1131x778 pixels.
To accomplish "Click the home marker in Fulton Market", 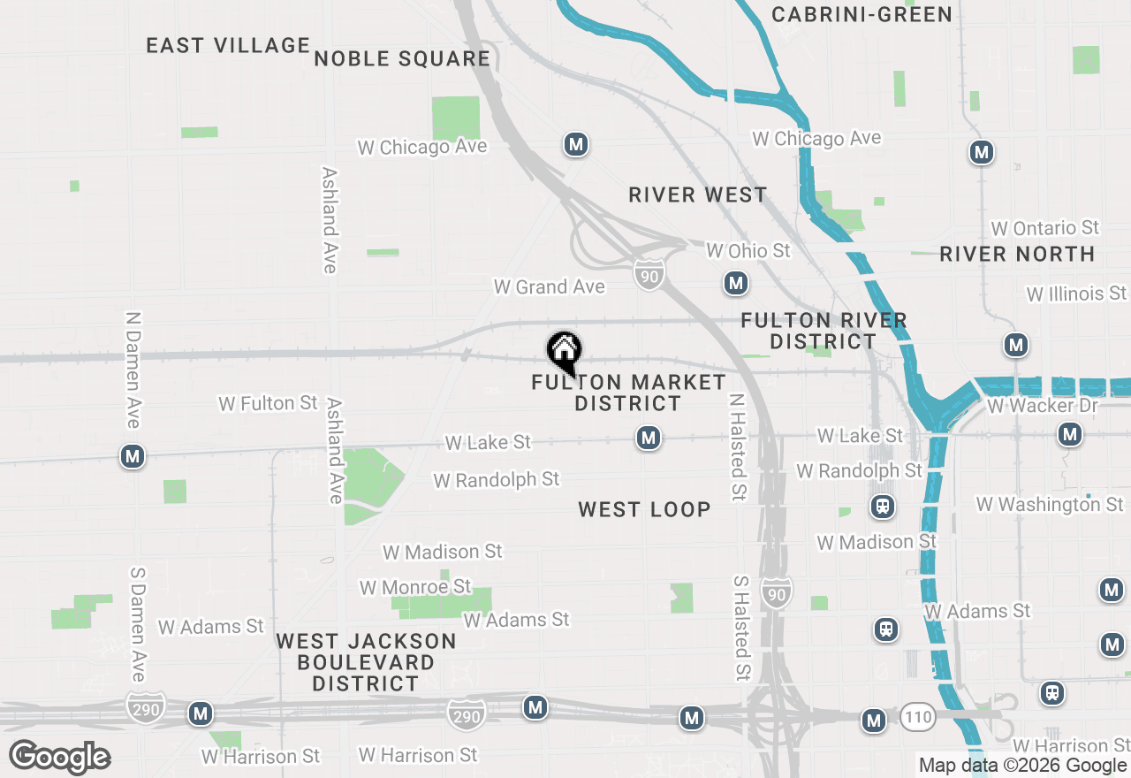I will tap(564, 352).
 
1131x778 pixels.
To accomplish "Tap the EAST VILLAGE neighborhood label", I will tap(228, 45).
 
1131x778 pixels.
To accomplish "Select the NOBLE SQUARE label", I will tap(402, 58).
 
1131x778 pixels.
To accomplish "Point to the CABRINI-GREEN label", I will tap(862, 14).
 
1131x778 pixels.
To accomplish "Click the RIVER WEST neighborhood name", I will tap(698, 194).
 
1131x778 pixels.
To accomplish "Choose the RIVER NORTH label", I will tap(1017, 255).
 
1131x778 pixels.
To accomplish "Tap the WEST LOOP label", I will tap(644, 509).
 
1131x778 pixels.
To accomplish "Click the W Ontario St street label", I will tap(1044, 228).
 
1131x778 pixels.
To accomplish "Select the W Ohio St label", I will tap(748, 251).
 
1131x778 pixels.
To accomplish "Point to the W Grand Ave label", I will tap(549, 286).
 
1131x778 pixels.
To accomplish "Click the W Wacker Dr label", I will tap(1043, 406).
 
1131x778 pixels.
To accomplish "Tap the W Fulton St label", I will tap(268, 403).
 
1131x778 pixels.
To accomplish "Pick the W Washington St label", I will tap(1050, 504).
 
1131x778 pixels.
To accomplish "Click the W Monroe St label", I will tap(414, 587).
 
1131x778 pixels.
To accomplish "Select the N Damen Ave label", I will tap(133, 370).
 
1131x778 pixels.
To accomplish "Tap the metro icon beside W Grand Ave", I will tap(735, 284).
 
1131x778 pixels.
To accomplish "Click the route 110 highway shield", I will tap(918, 717).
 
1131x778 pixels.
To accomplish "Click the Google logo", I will tap(59, 757).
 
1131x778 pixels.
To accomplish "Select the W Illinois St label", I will tap(1076, 293).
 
